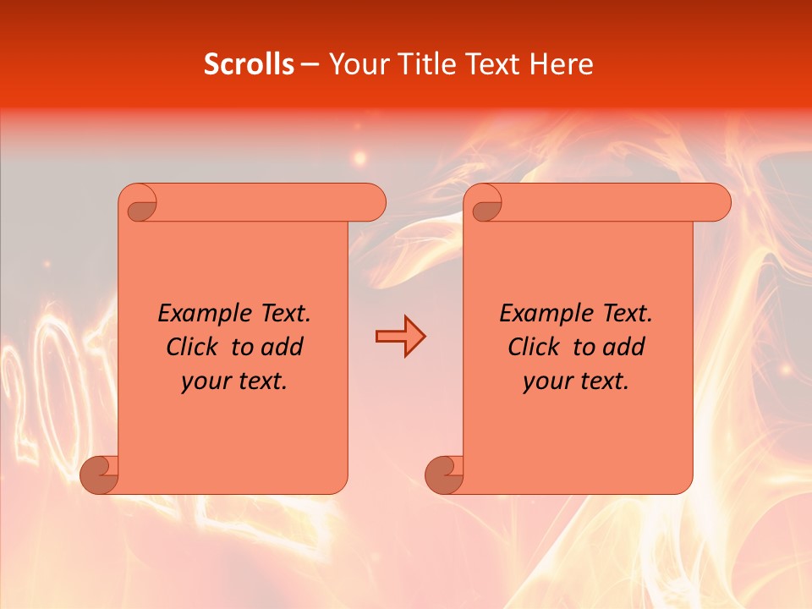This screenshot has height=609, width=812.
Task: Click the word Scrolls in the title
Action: [250, 64]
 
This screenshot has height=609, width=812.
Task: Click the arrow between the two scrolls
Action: [400, 337]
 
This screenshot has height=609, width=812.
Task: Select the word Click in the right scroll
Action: [533, 347]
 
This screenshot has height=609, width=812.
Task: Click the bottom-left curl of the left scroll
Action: [99, 474]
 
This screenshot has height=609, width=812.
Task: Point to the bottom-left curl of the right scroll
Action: [444, 474]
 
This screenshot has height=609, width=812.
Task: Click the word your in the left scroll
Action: [206, 381]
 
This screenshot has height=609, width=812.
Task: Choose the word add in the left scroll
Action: [282, 347]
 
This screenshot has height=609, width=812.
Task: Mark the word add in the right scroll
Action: [624, 347]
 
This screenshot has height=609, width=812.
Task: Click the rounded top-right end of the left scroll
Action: [371, 202]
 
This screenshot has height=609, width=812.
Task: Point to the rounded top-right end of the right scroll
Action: [717, 202]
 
